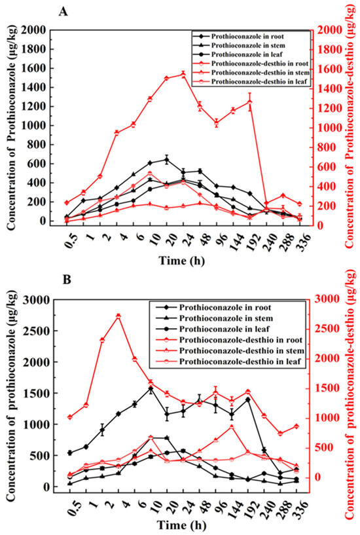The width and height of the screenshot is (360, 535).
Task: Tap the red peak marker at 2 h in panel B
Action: click(118, 316)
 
